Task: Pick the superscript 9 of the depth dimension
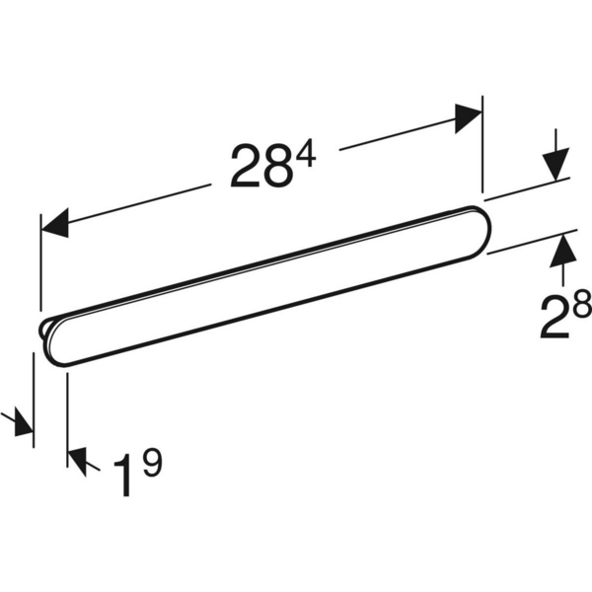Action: coord(149,461)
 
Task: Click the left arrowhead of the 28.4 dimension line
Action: coord(54,223)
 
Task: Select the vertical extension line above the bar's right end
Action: coord(482,148)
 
